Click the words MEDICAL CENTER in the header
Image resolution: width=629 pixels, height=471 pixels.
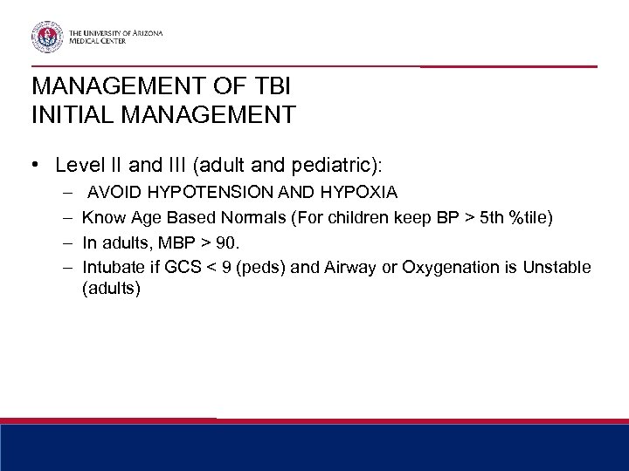107,40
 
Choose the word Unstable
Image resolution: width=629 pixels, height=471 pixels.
556,265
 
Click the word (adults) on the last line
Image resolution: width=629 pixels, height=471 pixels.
110,288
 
